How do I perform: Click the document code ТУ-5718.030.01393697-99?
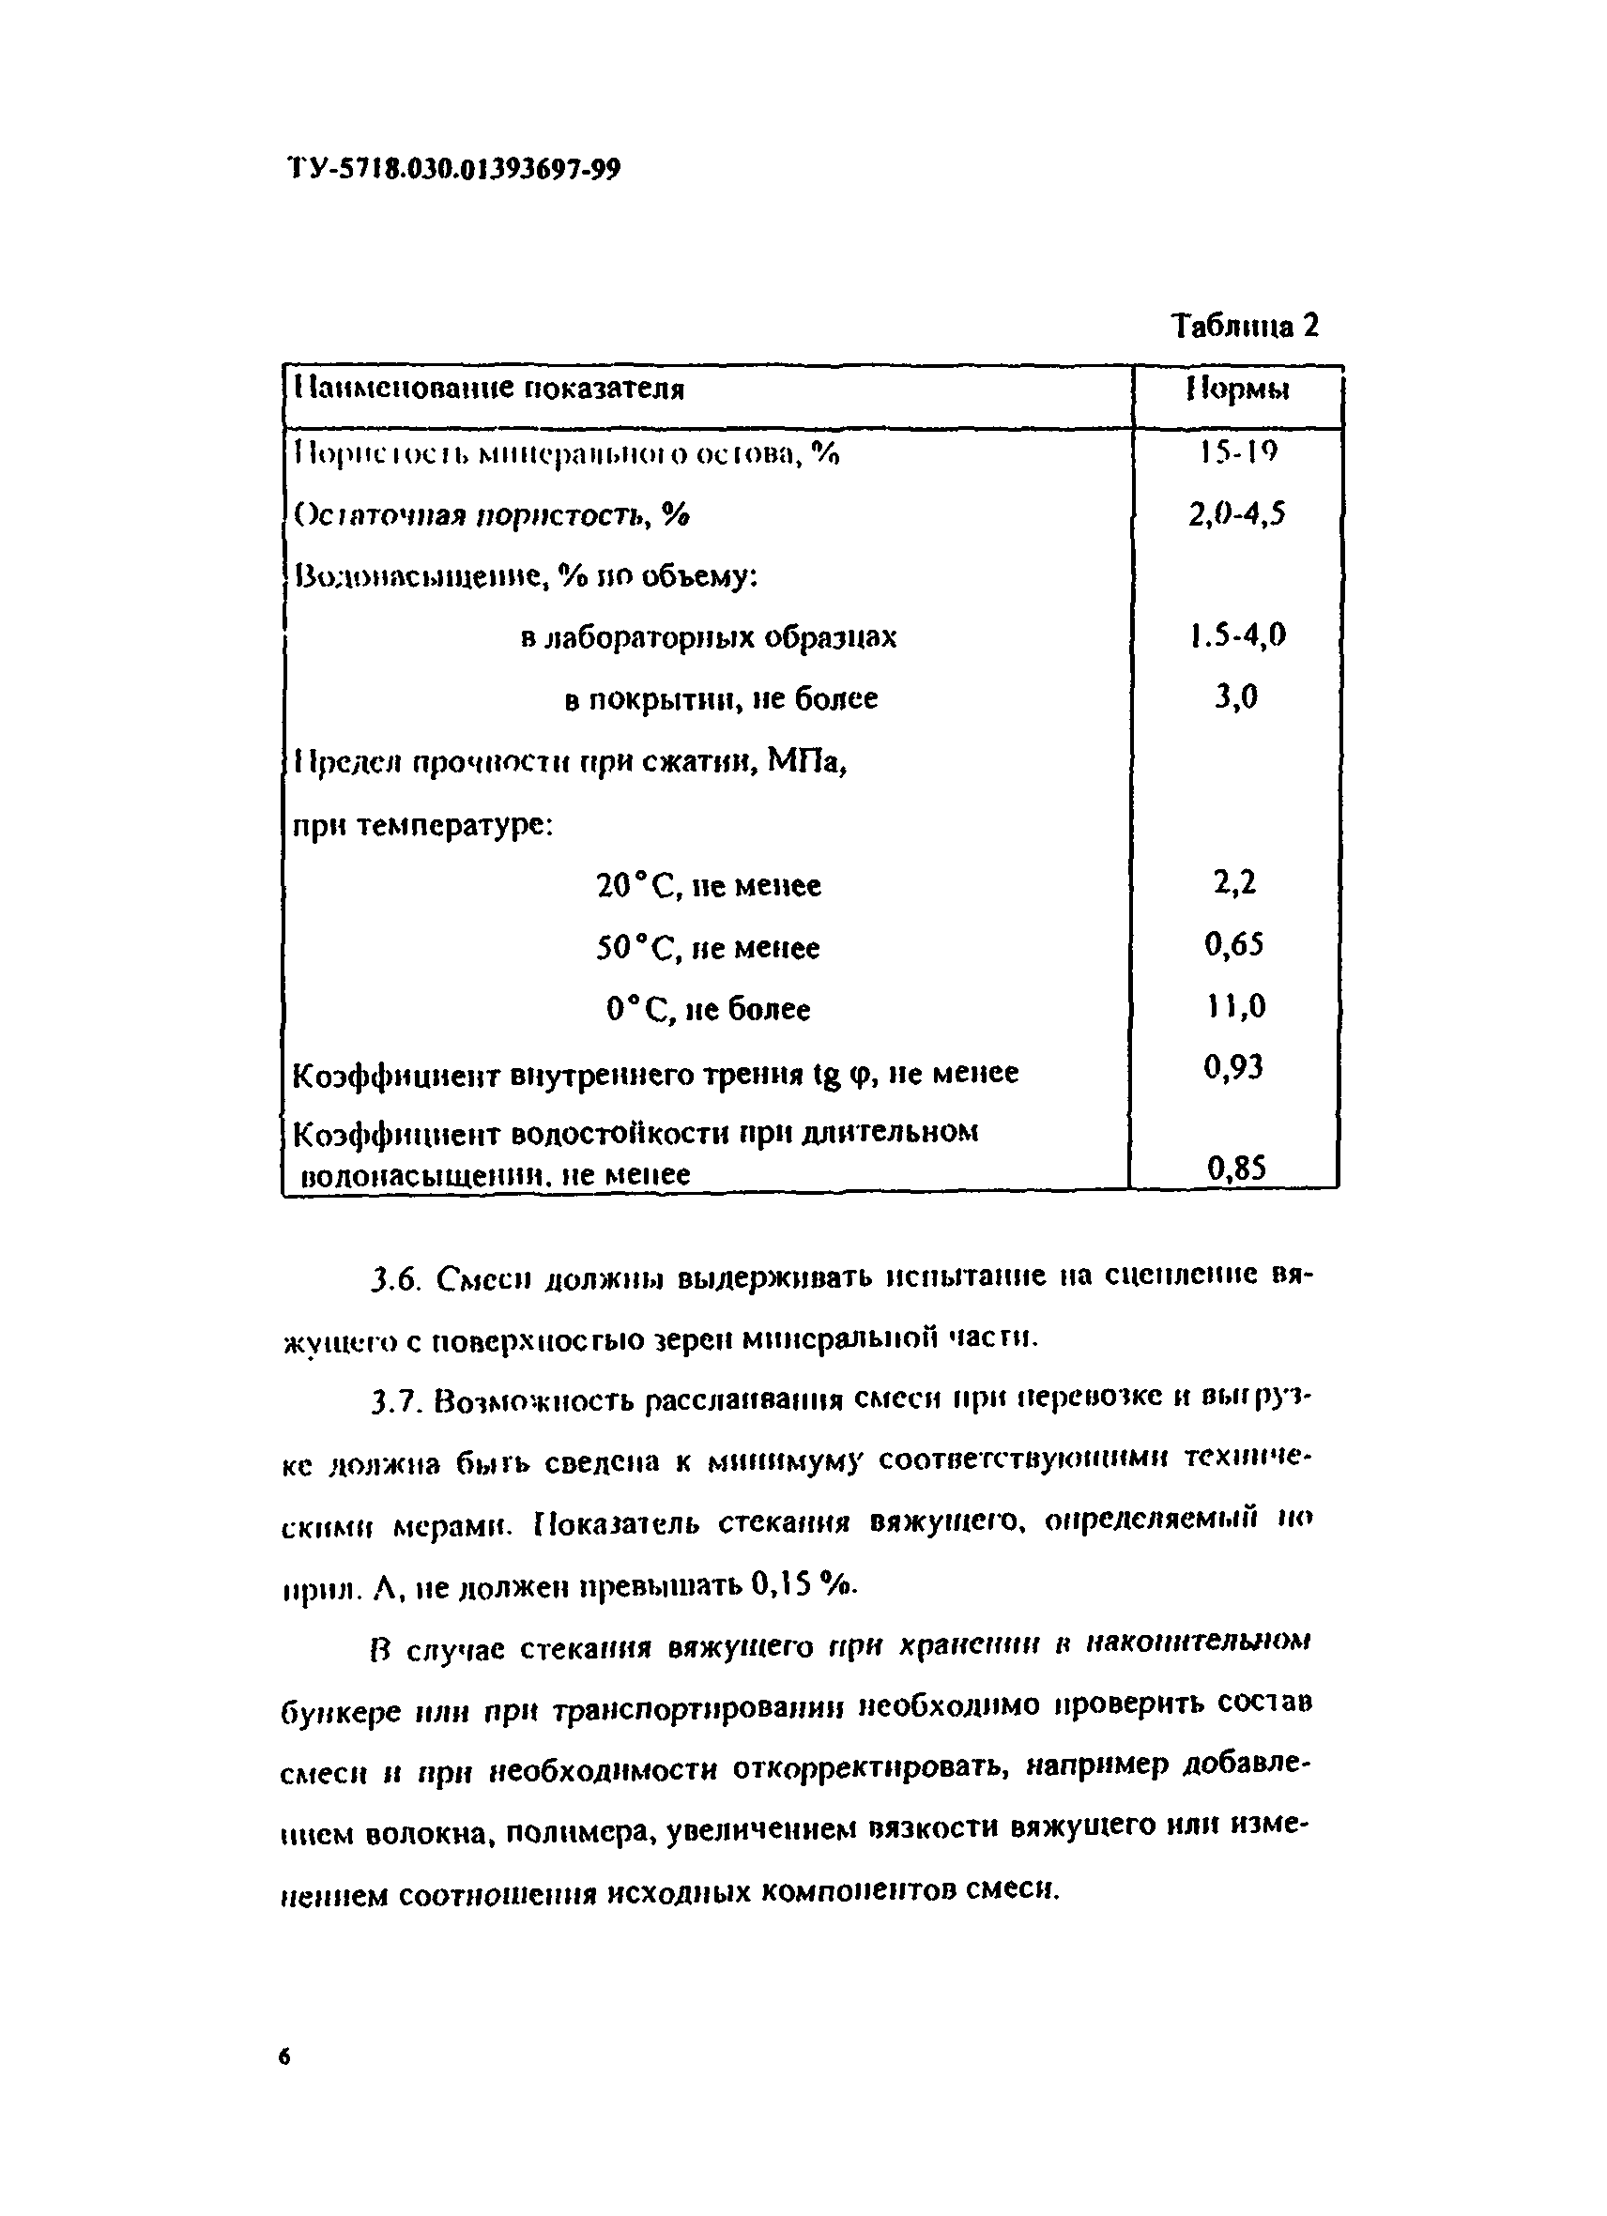pyautogui.click(x=454, y=169)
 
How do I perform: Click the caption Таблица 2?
pyautogui.click(x=1244, y=326)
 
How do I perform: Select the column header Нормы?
pyautogui.click(x=1238, y=390)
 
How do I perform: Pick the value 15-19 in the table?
pyautogui.click(x=1238, y=451)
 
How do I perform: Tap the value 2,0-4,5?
pyautogui.click(x=1236, y=514)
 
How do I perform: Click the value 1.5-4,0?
pyautogui.click(x=1238, y=636)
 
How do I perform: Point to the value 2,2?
pyautogui.click(x=1233, y=883)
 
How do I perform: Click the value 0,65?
pyautogui.click(x=1233, y=945)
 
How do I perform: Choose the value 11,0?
pyautogui.click(x=1233, y=1006)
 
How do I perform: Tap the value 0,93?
pyautogui.click(x=1232, y=1068)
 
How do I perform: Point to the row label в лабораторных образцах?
pyautogui.click(x=709, y=638)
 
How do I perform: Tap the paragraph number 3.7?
pyautogui.click(x=395, y=1403)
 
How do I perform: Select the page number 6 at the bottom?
pyautogui.click(x=284, y=2057)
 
